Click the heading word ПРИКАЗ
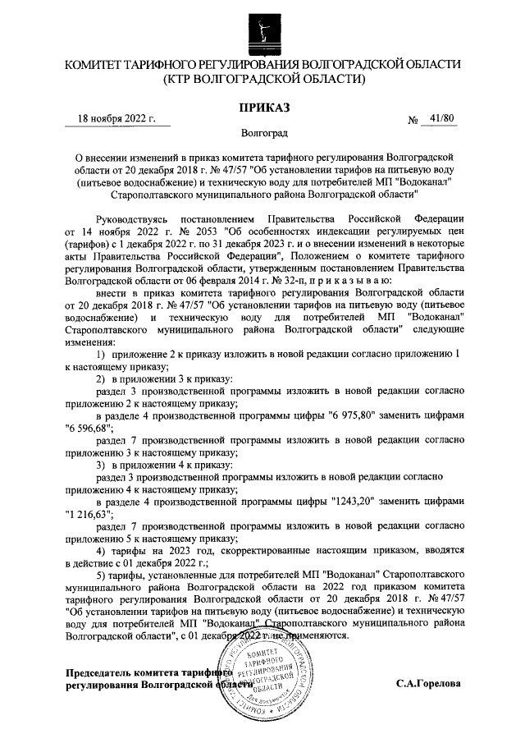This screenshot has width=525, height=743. (x=262, y=107)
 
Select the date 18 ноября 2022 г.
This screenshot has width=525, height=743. (x=116, y=119)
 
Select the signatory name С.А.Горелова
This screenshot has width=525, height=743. (x=428, y=683)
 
